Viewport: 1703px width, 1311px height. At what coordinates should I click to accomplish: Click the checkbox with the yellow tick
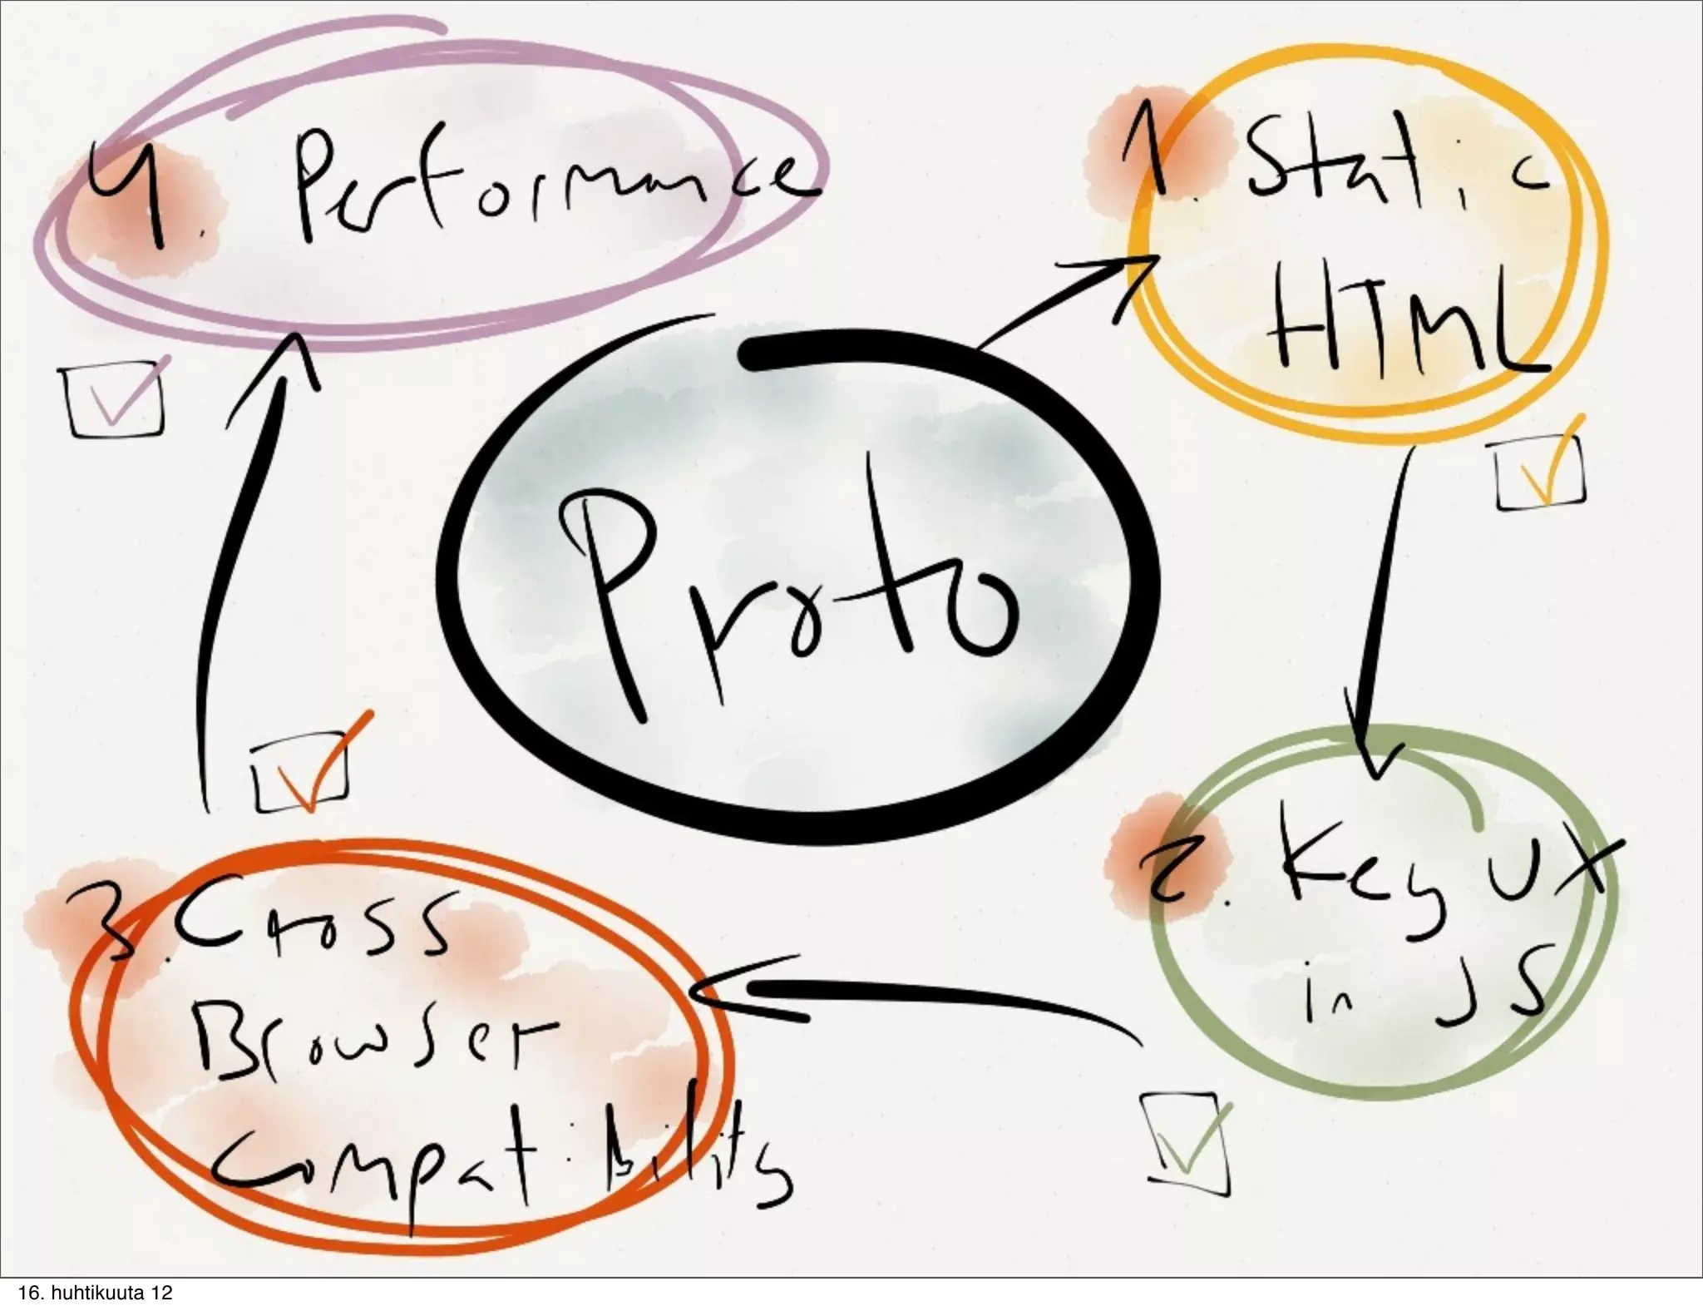coord(1538,474)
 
